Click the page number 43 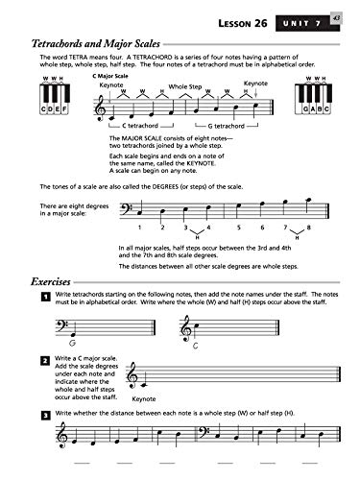(335, 16)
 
